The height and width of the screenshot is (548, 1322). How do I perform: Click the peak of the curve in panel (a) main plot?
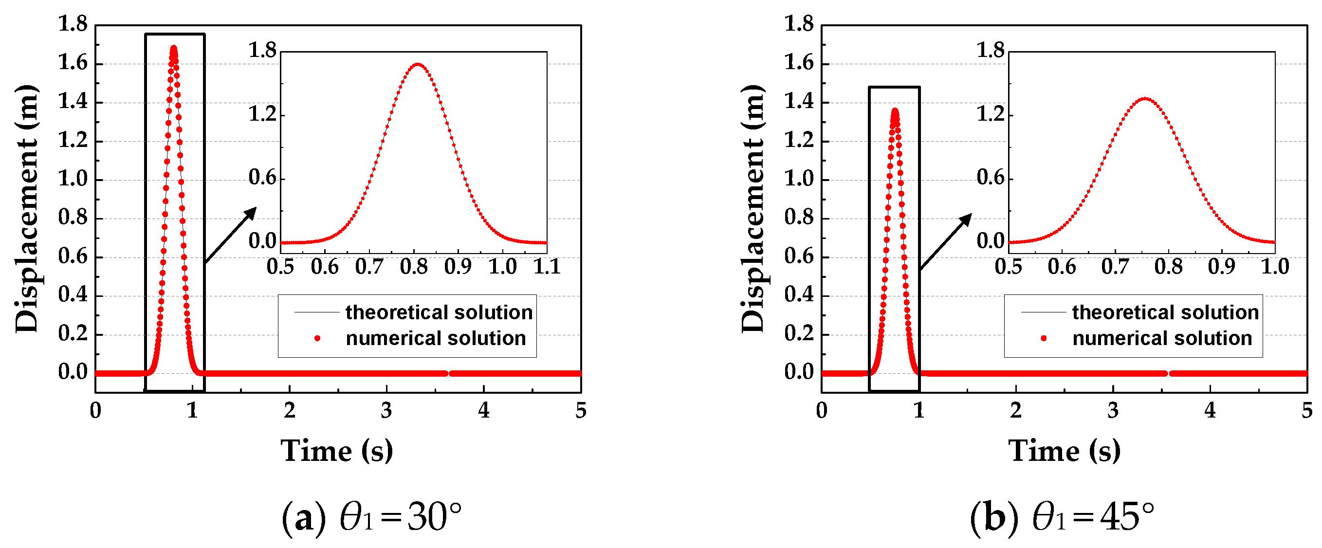coord(173,49)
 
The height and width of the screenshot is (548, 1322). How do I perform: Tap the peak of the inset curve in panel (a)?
coord(418,65)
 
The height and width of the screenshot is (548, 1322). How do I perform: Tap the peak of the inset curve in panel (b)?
coord(1144,98)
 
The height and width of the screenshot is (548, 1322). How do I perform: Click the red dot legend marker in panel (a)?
coord(317,338)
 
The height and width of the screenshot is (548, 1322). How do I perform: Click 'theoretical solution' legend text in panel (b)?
coord(1165,312)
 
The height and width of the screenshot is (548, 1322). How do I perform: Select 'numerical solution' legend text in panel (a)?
coord(436,338)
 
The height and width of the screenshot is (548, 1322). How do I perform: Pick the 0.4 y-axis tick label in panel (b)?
coord(799,294)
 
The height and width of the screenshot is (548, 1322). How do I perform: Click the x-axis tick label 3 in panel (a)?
coord(386,410)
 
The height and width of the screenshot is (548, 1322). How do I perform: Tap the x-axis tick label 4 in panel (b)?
coord(1210,410)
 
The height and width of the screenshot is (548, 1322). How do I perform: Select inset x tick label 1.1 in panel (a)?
coord(547,267)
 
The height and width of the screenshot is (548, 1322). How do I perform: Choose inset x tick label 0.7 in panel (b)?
coord(1115,267)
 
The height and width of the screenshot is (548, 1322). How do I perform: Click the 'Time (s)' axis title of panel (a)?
coord(337,452)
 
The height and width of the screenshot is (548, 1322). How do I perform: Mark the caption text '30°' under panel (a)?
coord(434,517)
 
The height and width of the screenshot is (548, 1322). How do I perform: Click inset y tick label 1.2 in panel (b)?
coord(990,114)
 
